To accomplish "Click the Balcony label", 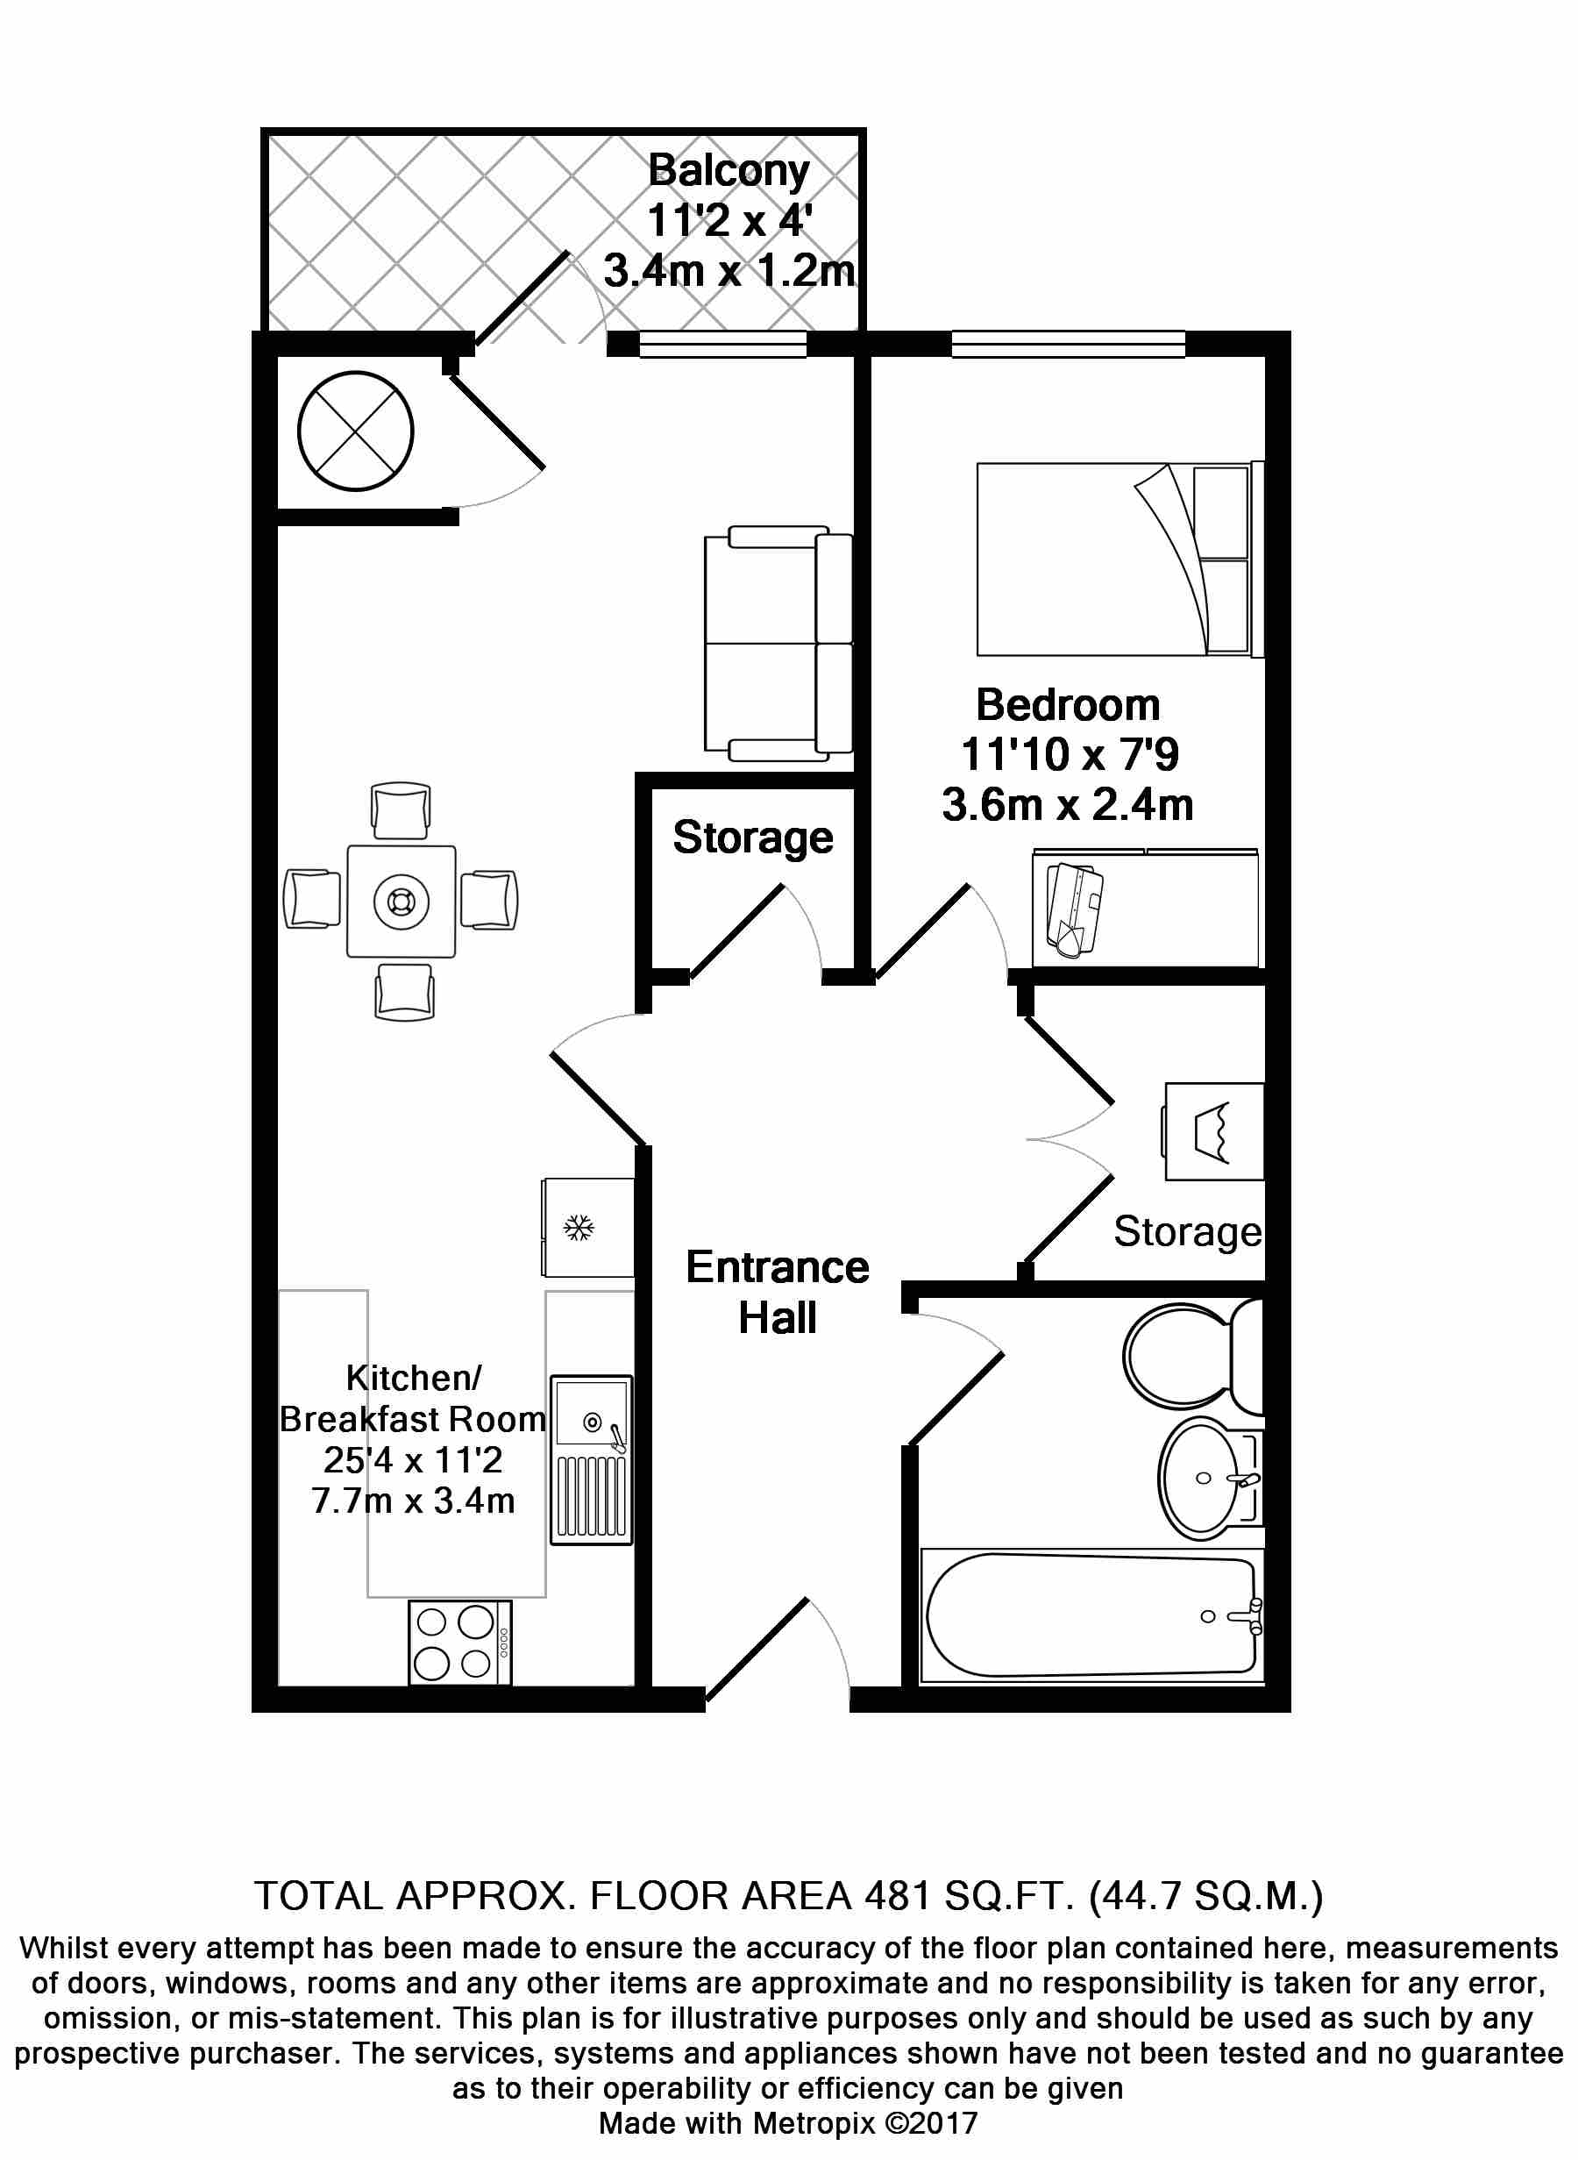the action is (729, 171).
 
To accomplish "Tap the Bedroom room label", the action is (1068, 705).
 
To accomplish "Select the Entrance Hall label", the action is (778, 1293).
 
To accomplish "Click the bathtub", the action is (1091, 1615).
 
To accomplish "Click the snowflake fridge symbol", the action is (579, 1228).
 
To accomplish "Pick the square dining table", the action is (402, 901).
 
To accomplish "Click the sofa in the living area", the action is (778, 643).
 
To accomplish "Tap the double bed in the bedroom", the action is (1120, 560).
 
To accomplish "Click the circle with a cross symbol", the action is (355, 431).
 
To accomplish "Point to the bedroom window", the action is (1068, 344).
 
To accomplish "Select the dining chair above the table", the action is (402, 812).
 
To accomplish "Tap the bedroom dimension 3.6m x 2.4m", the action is (1068, 804).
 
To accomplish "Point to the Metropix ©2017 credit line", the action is (788, 2124).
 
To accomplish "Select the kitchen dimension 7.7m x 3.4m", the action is (413, 1501).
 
